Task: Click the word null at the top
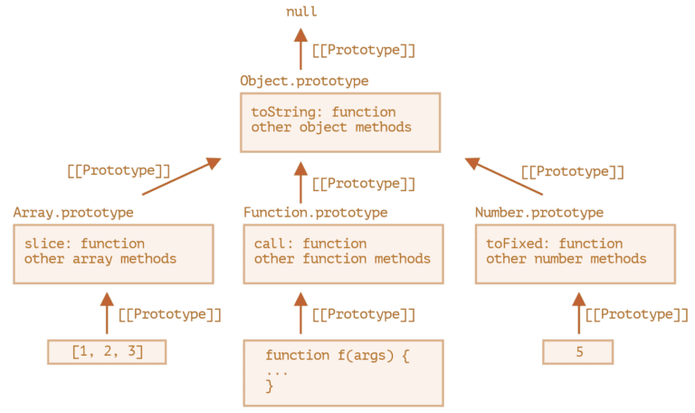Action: point(301,12)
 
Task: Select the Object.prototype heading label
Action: point(304,82)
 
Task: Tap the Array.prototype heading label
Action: point(73,213)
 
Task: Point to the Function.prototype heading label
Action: point(315,213)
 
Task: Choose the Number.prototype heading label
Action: point(538,213)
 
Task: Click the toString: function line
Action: point(323,112)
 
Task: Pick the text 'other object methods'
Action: point(331,128)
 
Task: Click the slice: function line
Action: point(84,244)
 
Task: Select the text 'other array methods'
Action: point(100,259)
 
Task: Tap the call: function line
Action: point(310,244)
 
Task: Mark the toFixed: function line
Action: point(554,244)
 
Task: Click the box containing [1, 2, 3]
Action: point(107,351)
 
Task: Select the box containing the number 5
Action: point(578,351)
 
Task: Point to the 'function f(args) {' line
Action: point(338,355)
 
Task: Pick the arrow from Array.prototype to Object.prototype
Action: point(181,177)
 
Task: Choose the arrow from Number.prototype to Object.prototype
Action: point(504,178)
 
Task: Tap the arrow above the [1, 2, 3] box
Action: point(107,313)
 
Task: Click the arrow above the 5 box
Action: point(578,313)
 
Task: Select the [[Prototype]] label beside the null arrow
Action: point(363,51)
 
